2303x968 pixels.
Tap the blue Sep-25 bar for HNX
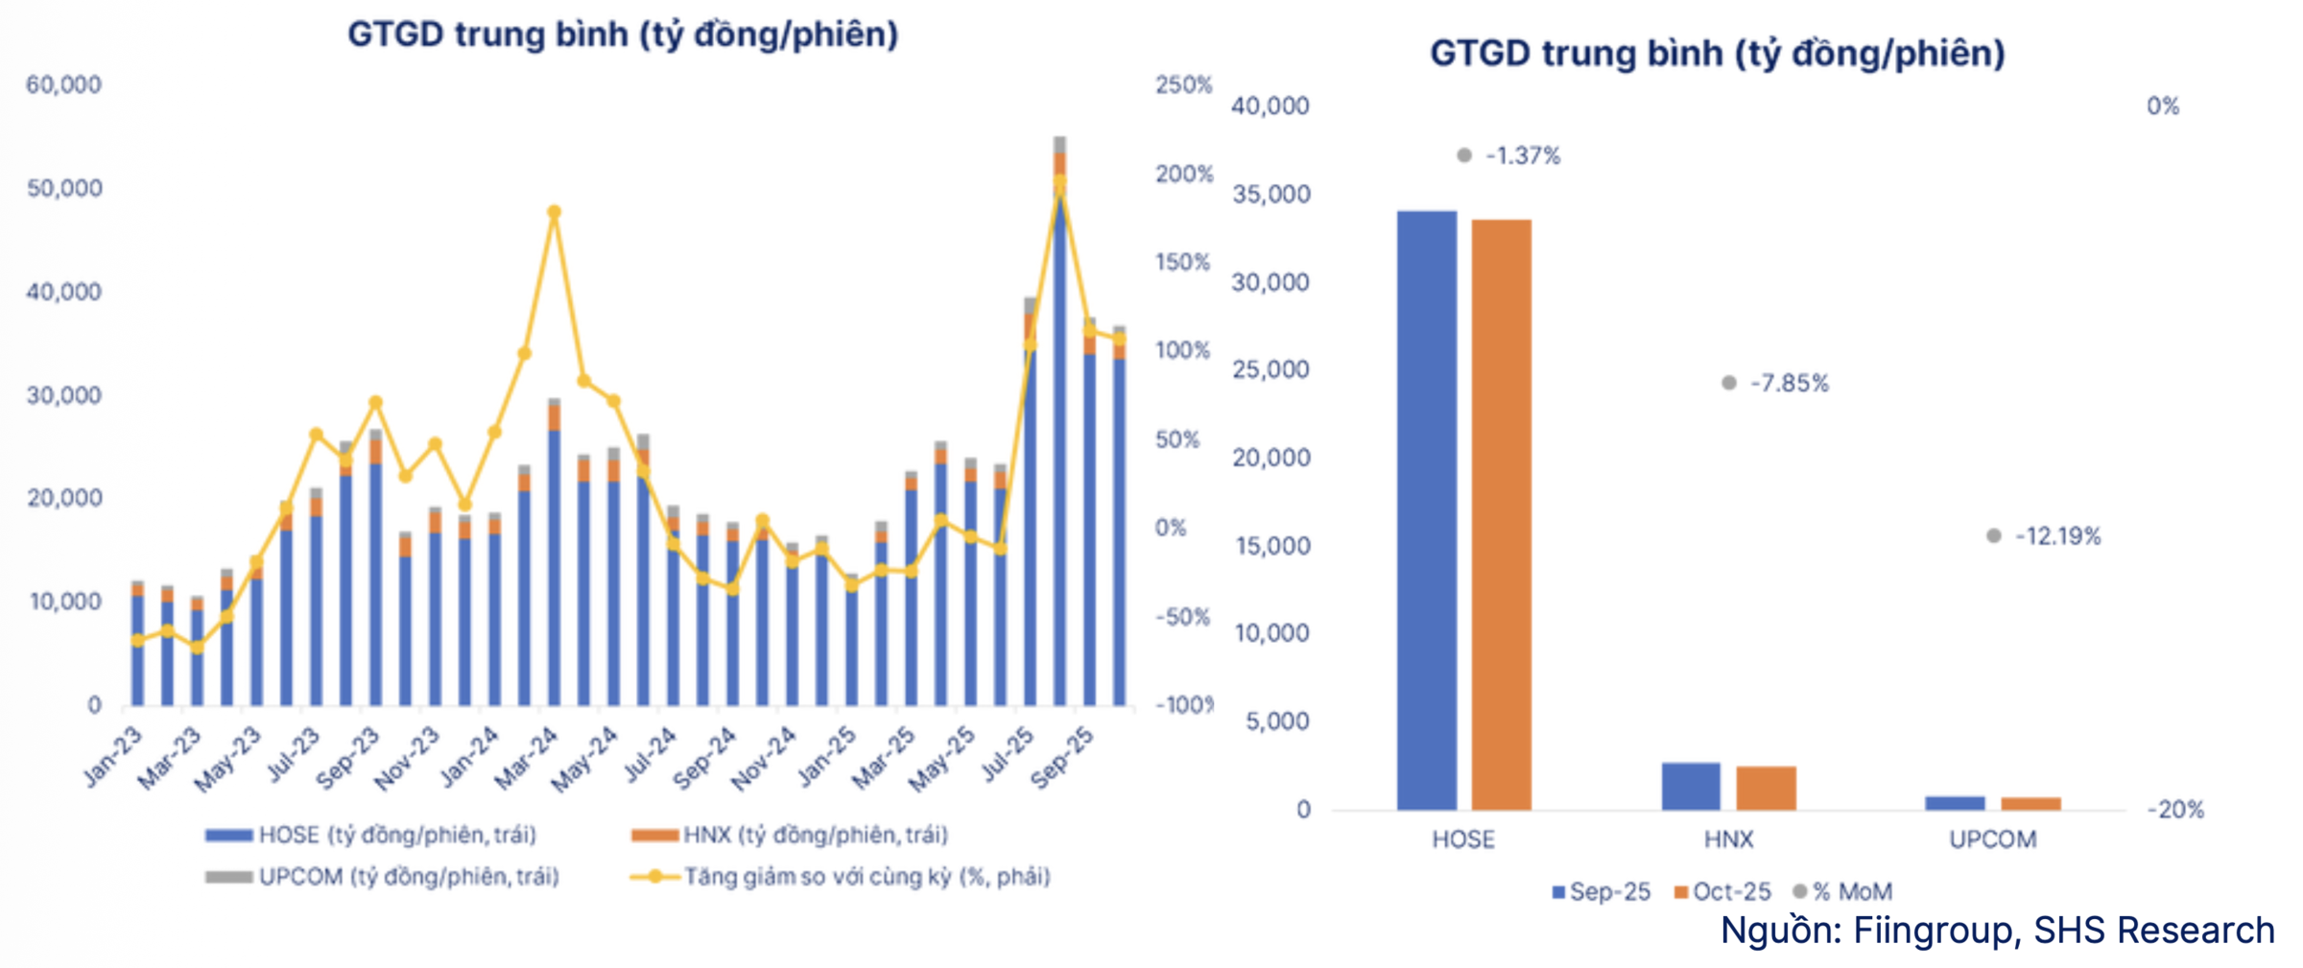click(1691, 786)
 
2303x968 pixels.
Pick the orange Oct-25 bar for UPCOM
click(2030, 803)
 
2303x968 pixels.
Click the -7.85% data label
click(1789, 384)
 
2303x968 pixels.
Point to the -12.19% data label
click(2057, 536)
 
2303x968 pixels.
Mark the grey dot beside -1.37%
click(1464, 155)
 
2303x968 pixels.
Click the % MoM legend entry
click(1844, 892)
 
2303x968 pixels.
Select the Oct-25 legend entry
click(1723, 892)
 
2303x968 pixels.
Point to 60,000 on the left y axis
click(63, 85)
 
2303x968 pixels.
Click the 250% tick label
click(1183, 85)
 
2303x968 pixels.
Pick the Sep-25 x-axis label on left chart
click(1062, 758)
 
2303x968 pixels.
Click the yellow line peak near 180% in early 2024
click(554, 213)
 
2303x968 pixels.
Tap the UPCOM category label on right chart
click(1992, 840)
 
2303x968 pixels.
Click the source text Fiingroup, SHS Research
click(1997, 931)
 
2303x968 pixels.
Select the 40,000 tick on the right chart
click(1270, 106)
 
